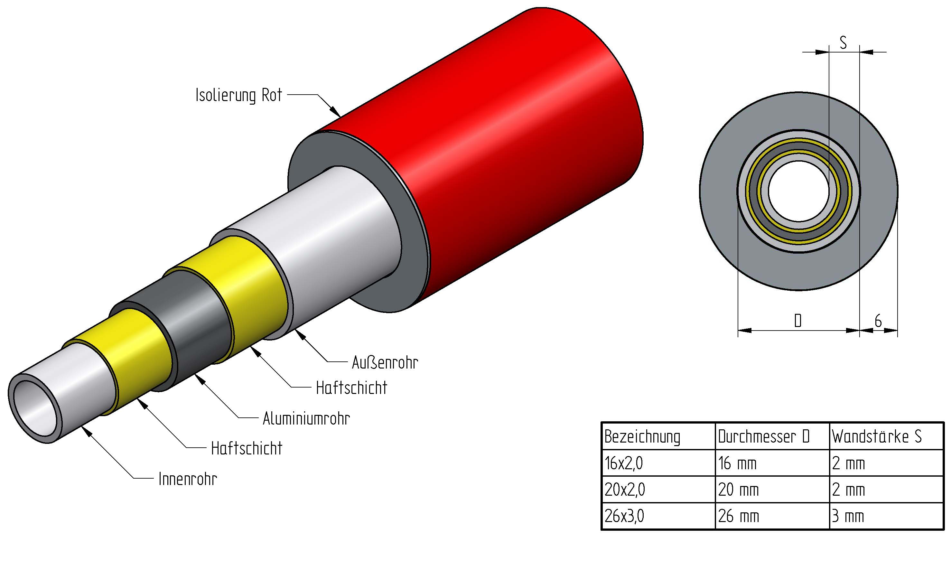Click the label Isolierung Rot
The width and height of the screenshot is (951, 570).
click(x=238, y=95)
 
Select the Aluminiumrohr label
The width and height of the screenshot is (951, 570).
click(x=306, y=419)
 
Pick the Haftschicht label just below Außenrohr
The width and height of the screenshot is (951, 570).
click(x=351, y=388)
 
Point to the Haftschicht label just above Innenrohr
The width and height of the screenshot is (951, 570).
click(x=247, y=449)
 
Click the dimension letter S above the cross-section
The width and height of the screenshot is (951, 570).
click(x=843, y=42)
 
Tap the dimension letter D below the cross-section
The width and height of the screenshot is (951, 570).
click(x=798, y=320)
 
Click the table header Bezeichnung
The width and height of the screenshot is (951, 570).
click(x=642, y=437)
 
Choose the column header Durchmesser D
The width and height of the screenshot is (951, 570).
click(x=764, y=437)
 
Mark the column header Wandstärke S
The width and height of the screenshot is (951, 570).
click(x=876, y=437)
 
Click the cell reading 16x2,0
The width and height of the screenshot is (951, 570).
click(x=624, y=463)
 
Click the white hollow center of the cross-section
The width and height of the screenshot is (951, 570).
click(x=798, y=191)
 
